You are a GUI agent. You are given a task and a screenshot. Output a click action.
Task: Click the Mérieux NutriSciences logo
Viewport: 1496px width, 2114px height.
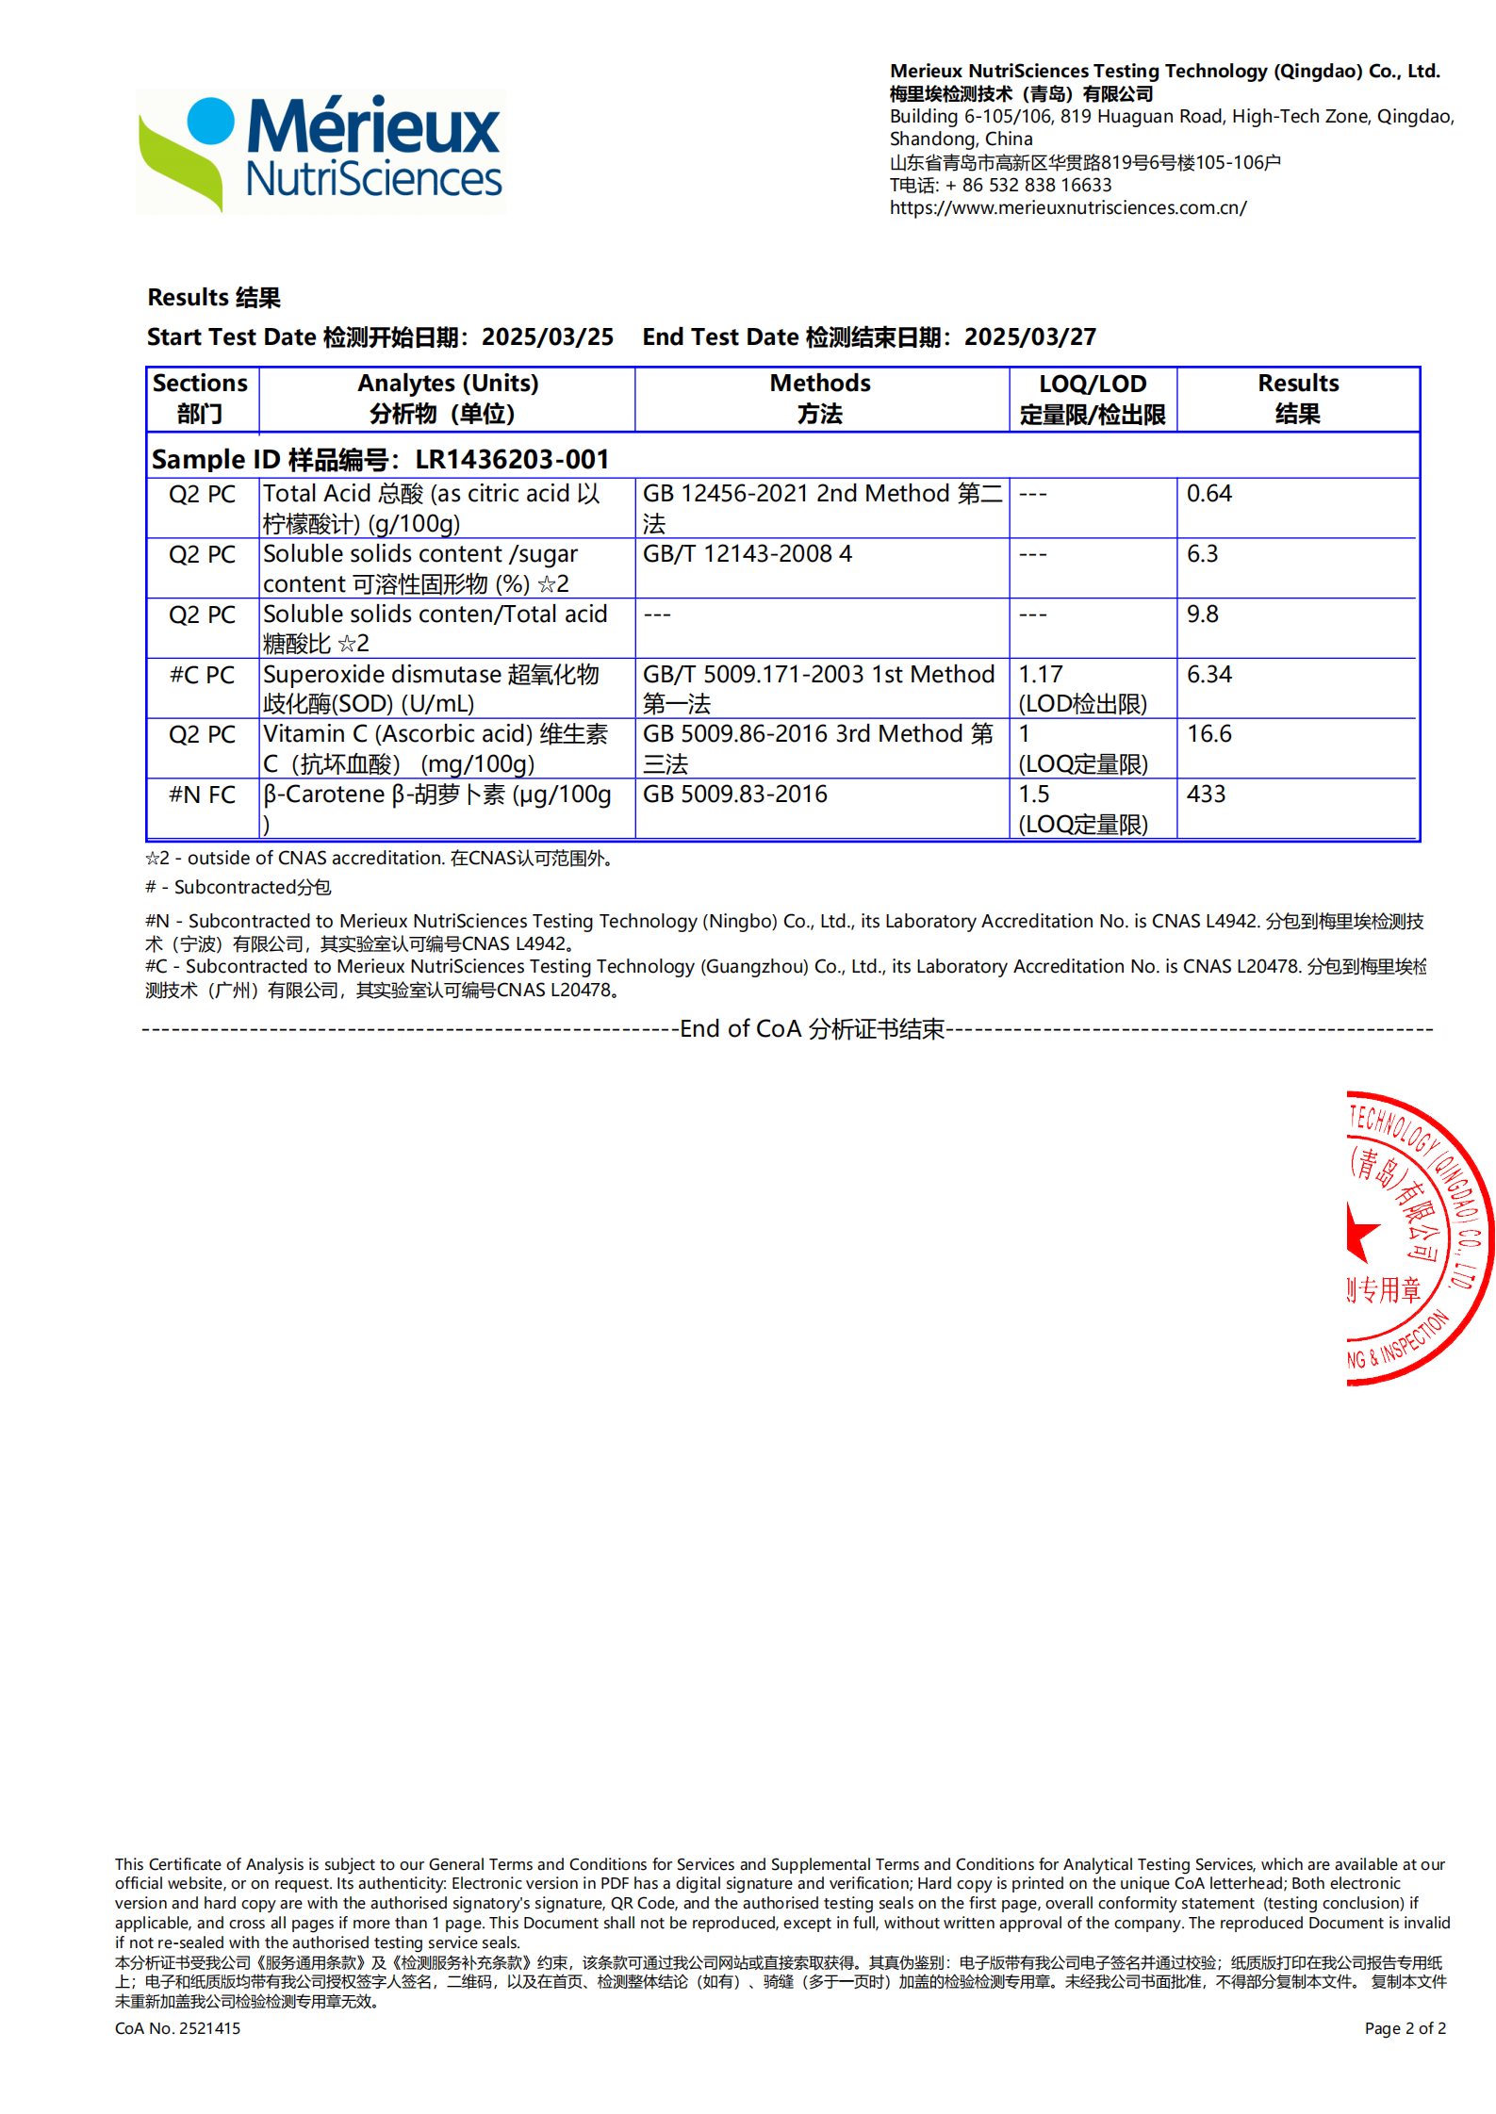[321, 152]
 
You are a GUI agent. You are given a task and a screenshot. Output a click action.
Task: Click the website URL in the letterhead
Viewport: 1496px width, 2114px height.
[1067, 208]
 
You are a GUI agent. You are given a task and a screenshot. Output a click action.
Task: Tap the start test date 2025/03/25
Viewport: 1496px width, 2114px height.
[547, 337]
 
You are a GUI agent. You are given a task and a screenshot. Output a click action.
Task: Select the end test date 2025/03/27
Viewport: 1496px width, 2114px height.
[1029, 337]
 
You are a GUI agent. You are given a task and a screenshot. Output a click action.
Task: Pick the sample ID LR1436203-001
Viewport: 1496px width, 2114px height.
[512, 459]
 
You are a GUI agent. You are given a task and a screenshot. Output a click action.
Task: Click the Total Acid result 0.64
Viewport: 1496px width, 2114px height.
[1208, 494]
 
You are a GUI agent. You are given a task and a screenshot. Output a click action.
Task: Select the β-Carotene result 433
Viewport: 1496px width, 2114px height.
[1206, 795]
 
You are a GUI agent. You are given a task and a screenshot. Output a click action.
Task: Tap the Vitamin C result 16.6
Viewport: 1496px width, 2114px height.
[1208, 734]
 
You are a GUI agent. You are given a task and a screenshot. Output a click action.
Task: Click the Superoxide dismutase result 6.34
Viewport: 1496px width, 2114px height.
[1208, 675]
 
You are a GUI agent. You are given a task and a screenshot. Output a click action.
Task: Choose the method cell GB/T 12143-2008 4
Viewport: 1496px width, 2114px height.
[747, 554]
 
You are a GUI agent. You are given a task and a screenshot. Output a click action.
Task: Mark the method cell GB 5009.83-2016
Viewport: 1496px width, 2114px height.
[734, 795]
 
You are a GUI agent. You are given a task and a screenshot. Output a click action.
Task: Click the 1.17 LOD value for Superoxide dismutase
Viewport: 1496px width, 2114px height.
[1040, 675]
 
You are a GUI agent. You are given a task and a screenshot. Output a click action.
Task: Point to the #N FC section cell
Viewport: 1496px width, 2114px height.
[202, 795]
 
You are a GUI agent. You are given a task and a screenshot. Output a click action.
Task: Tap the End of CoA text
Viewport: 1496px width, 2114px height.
[812, 1029]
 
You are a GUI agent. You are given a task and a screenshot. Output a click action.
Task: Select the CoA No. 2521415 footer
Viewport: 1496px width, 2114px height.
[177, 2028]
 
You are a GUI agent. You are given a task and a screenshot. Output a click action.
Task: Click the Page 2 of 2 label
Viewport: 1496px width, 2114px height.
[1405, 2028]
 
